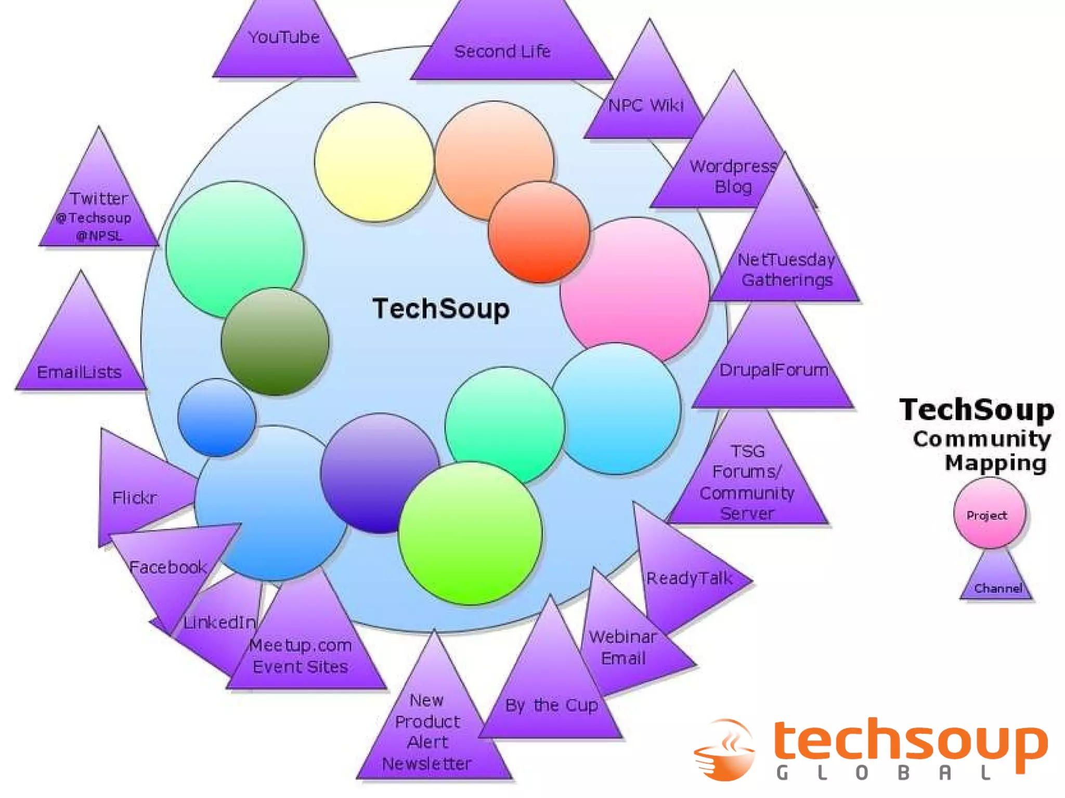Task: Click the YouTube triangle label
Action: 284,37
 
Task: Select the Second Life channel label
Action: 502,51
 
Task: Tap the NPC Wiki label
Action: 646,105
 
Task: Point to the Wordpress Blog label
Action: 733,176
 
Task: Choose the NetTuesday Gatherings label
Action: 786,270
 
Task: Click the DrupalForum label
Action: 774,370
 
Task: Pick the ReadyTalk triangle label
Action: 690,578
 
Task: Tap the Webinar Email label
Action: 623,647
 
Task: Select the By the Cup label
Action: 551,705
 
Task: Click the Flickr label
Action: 134,498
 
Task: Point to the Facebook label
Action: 167,567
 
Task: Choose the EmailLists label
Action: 79,372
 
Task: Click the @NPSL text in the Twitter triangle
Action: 99,236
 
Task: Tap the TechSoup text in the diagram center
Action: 441,309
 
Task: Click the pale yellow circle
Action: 374,162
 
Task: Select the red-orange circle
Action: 539,232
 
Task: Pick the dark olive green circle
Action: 275,341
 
